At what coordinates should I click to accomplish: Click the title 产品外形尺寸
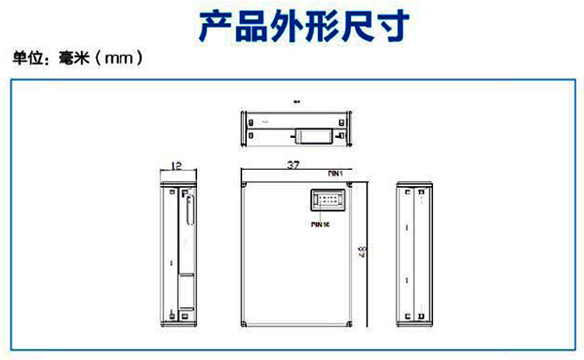(x=304, y=25)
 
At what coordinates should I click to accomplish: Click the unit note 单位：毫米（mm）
(x=78, y=59)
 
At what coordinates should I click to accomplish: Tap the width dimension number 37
(x=293, y=165)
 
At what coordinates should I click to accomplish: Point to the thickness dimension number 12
(x=176, y=165)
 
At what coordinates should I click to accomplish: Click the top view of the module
(x=297, y=129)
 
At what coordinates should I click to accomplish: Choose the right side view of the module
(x=413, y=254)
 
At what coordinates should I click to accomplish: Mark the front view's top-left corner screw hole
(x=245, y=185)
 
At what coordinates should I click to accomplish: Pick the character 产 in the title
(x=217, y=25)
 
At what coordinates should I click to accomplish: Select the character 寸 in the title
(x=392, y=25)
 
